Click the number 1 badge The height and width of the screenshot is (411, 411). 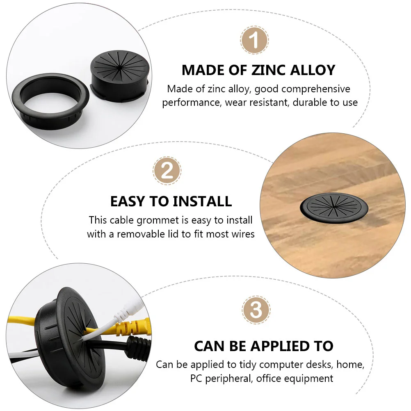click(254, 40)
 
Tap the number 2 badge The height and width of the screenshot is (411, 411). click(167, 171)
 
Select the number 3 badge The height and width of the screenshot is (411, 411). click(256, 310)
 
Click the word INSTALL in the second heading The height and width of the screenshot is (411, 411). click(202, 201)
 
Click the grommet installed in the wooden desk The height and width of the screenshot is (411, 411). click(334, 208)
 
